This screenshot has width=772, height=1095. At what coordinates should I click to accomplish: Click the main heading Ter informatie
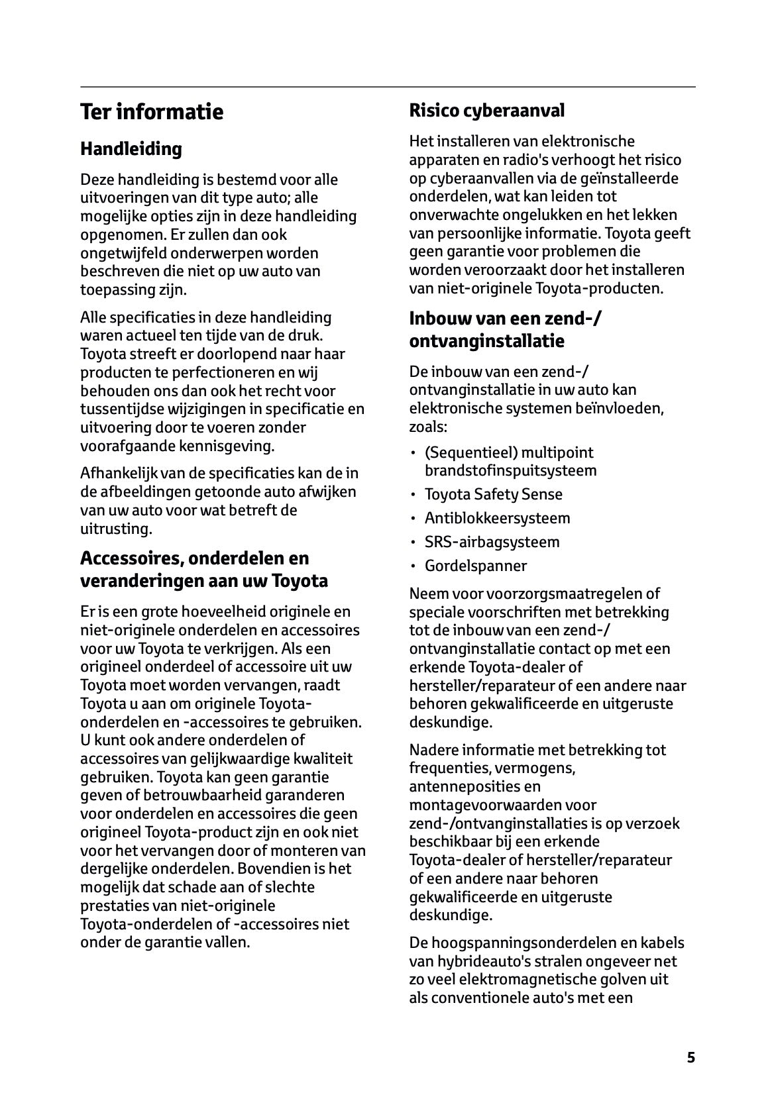pyautogui.click(x=152, y=111)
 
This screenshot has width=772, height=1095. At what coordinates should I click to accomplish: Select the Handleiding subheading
pyautogui.click(x=131, y=149)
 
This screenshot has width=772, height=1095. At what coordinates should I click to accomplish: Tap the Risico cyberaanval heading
pyautogui.click(x=487, y=110)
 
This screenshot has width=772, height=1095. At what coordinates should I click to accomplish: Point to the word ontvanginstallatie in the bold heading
pyautogui.click(x=487, y=341)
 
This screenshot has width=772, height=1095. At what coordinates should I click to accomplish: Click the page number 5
pyautogui.click(x=691, y=1057)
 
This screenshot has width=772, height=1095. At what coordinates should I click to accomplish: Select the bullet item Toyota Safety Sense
pyautogui.click(x=493, y=494)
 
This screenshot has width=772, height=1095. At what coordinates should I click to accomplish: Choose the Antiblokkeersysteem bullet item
pyautogui.click(x=497, y=518)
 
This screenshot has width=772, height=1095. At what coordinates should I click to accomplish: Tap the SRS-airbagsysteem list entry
pyautogui.click(x=492, y=542)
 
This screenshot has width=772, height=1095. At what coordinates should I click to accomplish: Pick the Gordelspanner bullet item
pyautogui.click(x=476, y=566)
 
